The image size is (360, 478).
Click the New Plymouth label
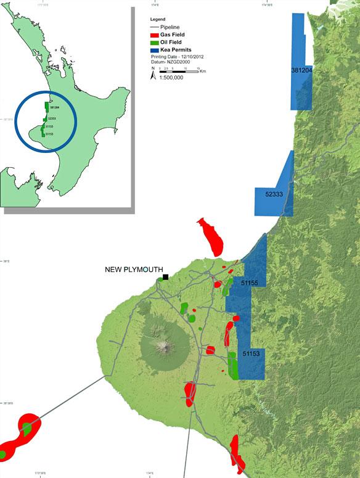tap(134, 270)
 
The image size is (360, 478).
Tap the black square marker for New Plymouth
tap(166, 278)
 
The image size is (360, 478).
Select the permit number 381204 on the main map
tap(301, 72)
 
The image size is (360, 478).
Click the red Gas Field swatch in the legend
tap(155, 35)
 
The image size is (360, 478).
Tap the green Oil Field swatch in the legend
tap(155, 42)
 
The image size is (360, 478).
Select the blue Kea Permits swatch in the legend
tap(155, 49)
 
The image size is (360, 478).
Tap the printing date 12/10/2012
tap(191, 57)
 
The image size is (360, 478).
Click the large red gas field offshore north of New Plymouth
tap(211, 237)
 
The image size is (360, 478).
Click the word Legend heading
tap(158, 20)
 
